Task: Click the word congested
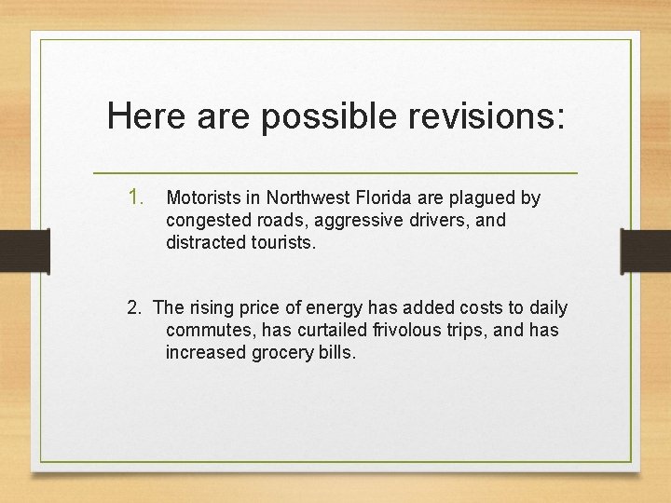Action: point(206,221)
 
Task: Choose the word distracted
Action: point(204,242)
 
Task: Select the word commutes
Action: point(205,331)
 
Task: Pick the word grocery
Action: point(281,353)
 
